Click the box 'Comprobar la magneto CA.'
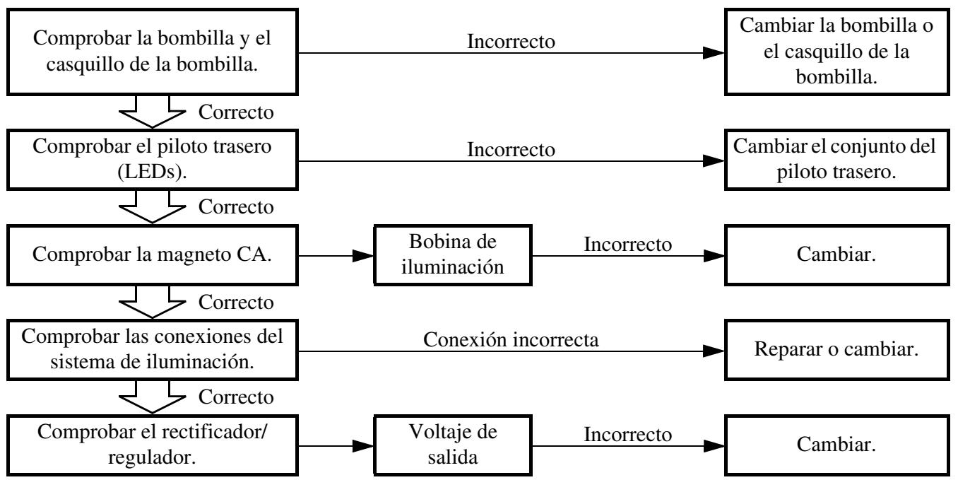[153, 255]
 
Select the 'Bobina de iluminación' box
[453, 255]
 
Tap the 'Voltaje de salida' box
[453, 445]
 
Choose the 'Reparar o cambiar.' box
[837, 349]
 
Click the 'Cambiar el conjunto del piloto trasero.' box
[837, 160]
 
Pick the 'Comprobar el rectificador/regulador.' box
[153, 445]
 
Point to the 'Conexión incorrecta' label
[511, 340]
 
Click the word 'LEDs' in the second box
[149, 172]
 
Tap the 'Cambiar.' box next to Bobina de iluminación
[837, 255]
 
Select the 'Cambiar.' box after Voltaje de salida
[837, 445]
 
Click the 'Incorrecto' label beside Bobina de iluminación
[628, 245]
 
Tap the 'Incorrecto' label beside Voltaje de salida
[628, 435]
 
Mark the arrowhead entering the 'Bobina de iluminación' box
[363, 256]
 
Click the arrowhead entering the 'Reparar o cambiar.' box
[714, 351]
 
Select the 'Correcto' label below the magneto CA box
[236, 303]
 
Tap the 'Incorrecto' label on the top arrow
[511, 42]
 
